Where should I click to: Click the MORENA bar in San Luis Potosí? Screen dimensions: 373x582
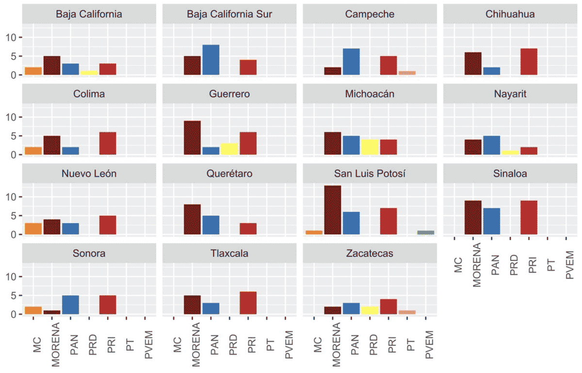[333, 210]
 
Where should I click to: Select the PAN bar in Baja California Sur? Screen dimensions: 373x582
[211, 60]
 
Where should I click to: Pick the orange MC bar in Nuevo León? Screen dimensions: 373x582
[33, 229]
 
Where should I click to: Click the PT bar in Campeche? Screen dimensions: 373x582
[407, 73]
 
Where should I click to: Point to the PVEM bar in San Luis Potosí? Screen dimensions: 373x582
[426, 232]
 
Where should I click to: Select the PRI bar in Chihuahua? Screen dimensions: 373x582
[529, 62]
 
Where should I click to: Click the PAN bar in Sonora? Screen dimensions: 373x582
[70, 305]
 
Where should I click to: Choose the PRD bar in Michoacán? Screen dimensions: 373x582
[370, 147]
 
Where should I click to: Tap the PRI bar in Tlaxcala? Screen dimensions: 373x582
[248, 303]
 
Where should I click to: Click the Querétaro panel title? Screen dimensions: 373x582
[229, 173]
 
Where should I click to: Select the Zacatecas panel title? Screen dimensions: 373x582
[370, 253]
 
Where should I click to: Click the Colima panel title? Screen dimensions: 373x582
[89, 94]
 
